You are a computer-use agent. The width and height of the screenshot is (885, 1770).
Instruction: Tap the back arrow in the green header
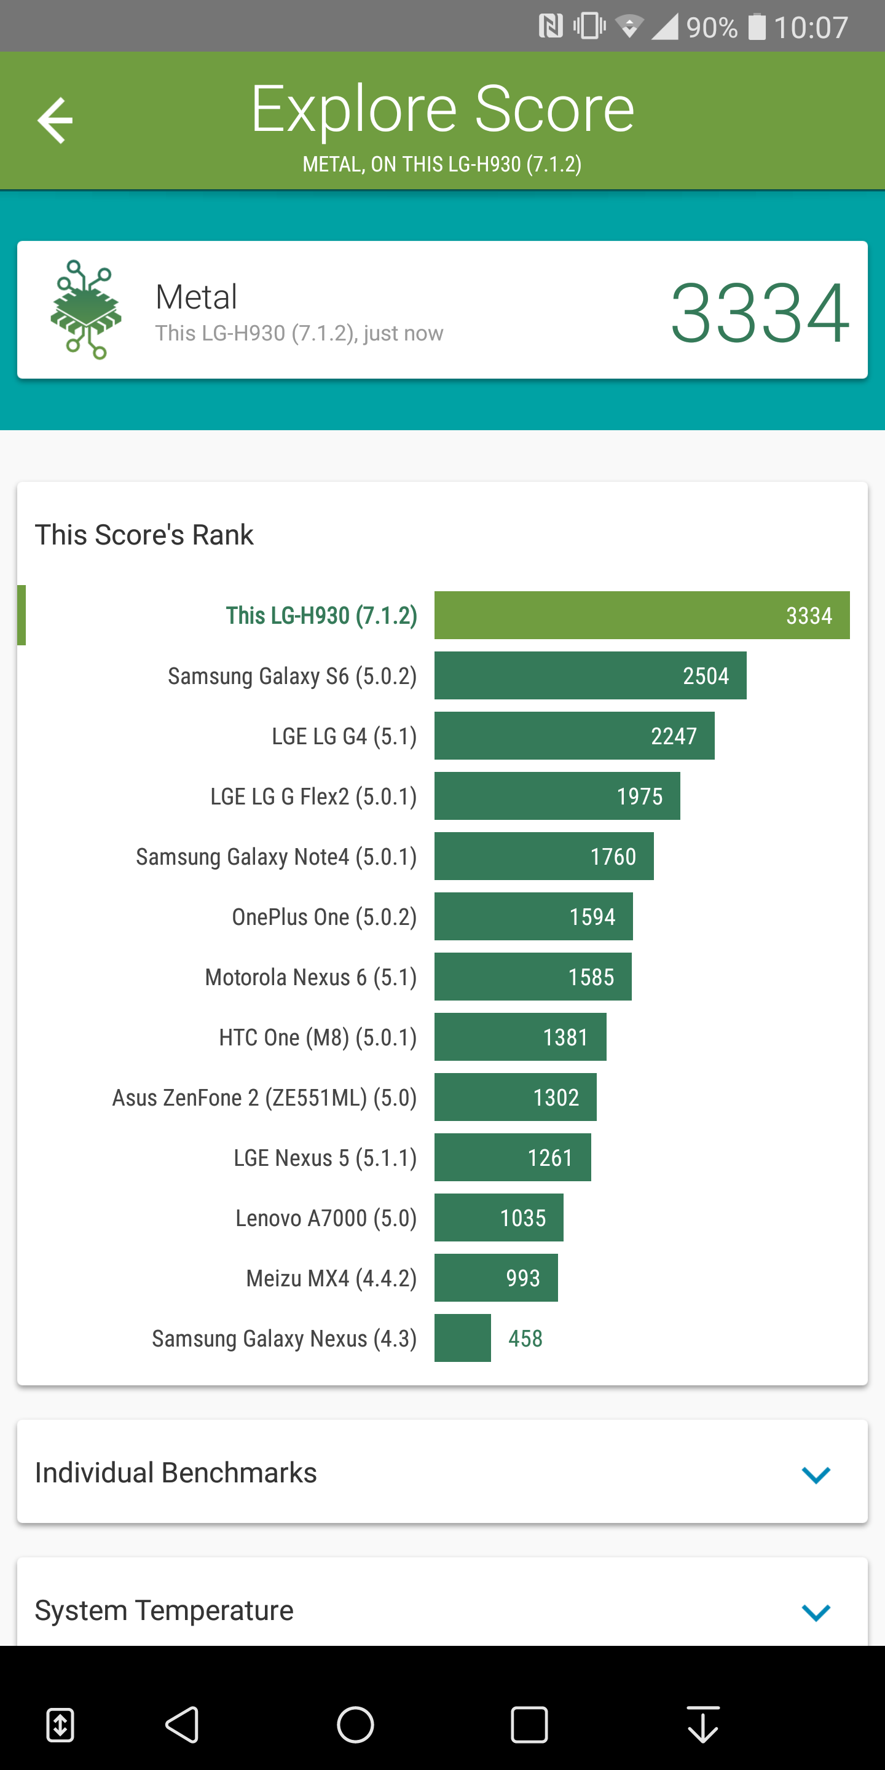coord(55,120)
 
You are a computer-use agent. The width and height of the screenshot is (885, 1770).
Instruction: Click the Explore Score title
coord(442,109)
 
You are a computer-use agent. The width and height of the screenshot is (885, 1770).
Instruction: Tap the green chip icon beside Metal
coord(86,309)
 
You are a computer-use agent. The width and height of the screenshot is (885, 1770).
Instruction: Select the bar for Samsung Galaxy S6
coord(590,675)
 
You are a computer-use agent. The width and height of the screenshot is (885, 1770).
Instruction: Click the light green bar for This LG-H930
coord(642,615)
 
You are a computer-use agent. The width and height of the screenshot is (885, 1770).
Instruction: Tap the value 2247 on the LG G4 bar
coord(674,736)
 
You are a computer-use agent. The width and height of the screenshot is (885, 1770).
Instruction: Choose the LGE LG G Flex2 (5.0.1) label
coord(313,796)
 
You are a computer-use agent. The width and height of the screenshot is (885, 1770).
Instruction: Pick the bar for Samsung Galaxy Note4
coord(543,856)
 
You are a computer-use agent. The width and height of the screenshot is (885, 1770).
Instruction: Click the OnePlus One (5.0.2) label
coord(324,916)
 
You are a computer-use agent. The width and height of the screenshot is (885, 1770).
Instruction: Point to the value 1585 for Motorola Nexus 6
coord(591,977)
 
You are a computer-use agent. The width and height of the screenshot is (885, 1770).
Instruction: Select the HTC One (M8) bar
coord(520,1037)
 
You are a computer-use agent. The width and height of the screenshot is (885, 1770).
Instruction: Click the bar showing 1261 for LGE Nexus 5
coord(513,1157)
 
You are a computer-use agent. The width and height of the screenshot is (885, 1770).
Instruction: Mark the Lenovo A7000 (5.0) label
coord(326,1217)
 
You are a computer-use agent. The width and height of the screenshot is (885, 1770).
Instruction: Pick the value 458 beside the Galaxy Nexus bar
coord(525,1339)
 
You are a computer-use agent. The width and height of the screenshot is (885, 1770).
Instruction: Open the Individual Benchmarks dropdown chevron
coord(816,1474)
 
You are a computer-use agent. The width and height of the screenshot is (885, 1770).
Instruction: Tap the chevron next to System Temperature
coord(816,1612)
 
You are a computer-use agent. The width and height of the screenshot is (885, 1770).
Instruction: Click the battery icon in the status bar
coord(757,27)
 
